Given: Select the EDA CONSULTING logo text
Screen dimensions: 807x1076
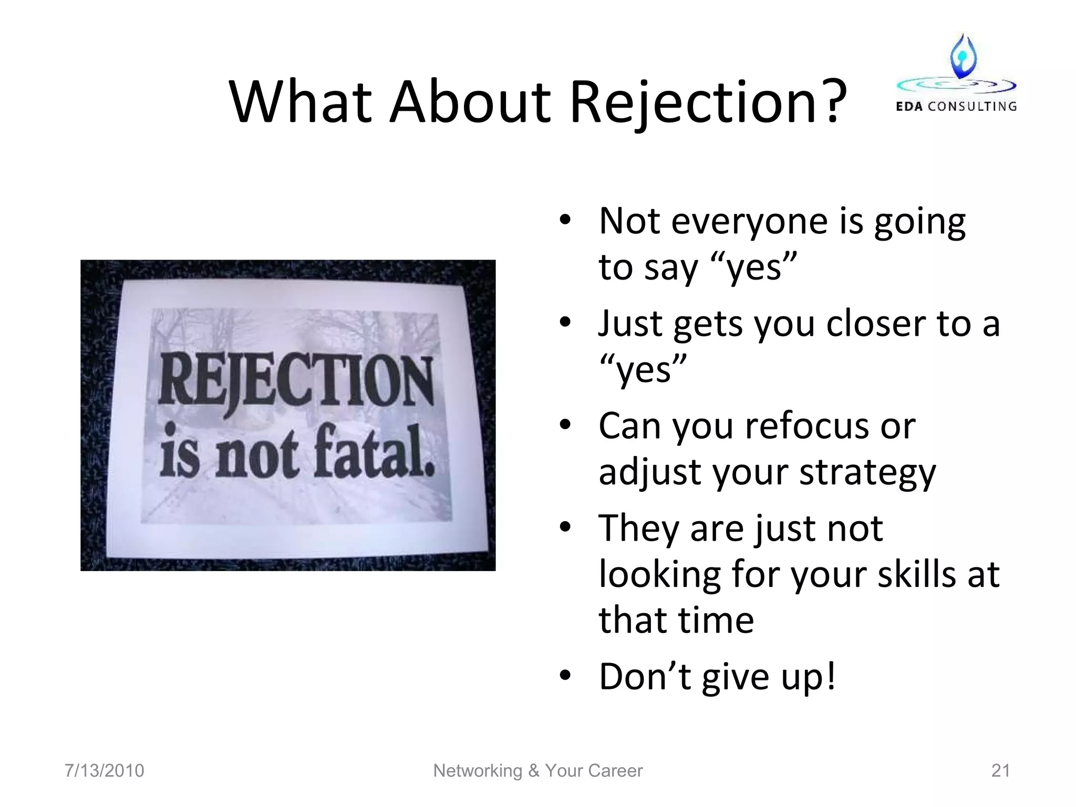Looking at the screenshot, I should (x=956, y=107).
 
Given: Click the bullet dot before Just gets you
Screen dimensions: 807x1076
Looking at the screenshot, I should (x=565, y=323).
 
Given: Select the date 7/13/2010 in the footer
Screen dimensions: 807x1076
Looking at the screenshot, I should (x=104, y=771).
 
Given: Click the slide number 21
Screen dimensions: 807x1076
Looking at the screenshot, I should (x=1000, y=771).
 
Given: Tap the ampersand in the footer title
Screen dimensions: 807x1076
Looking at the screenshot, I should (x=534, y=771).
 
